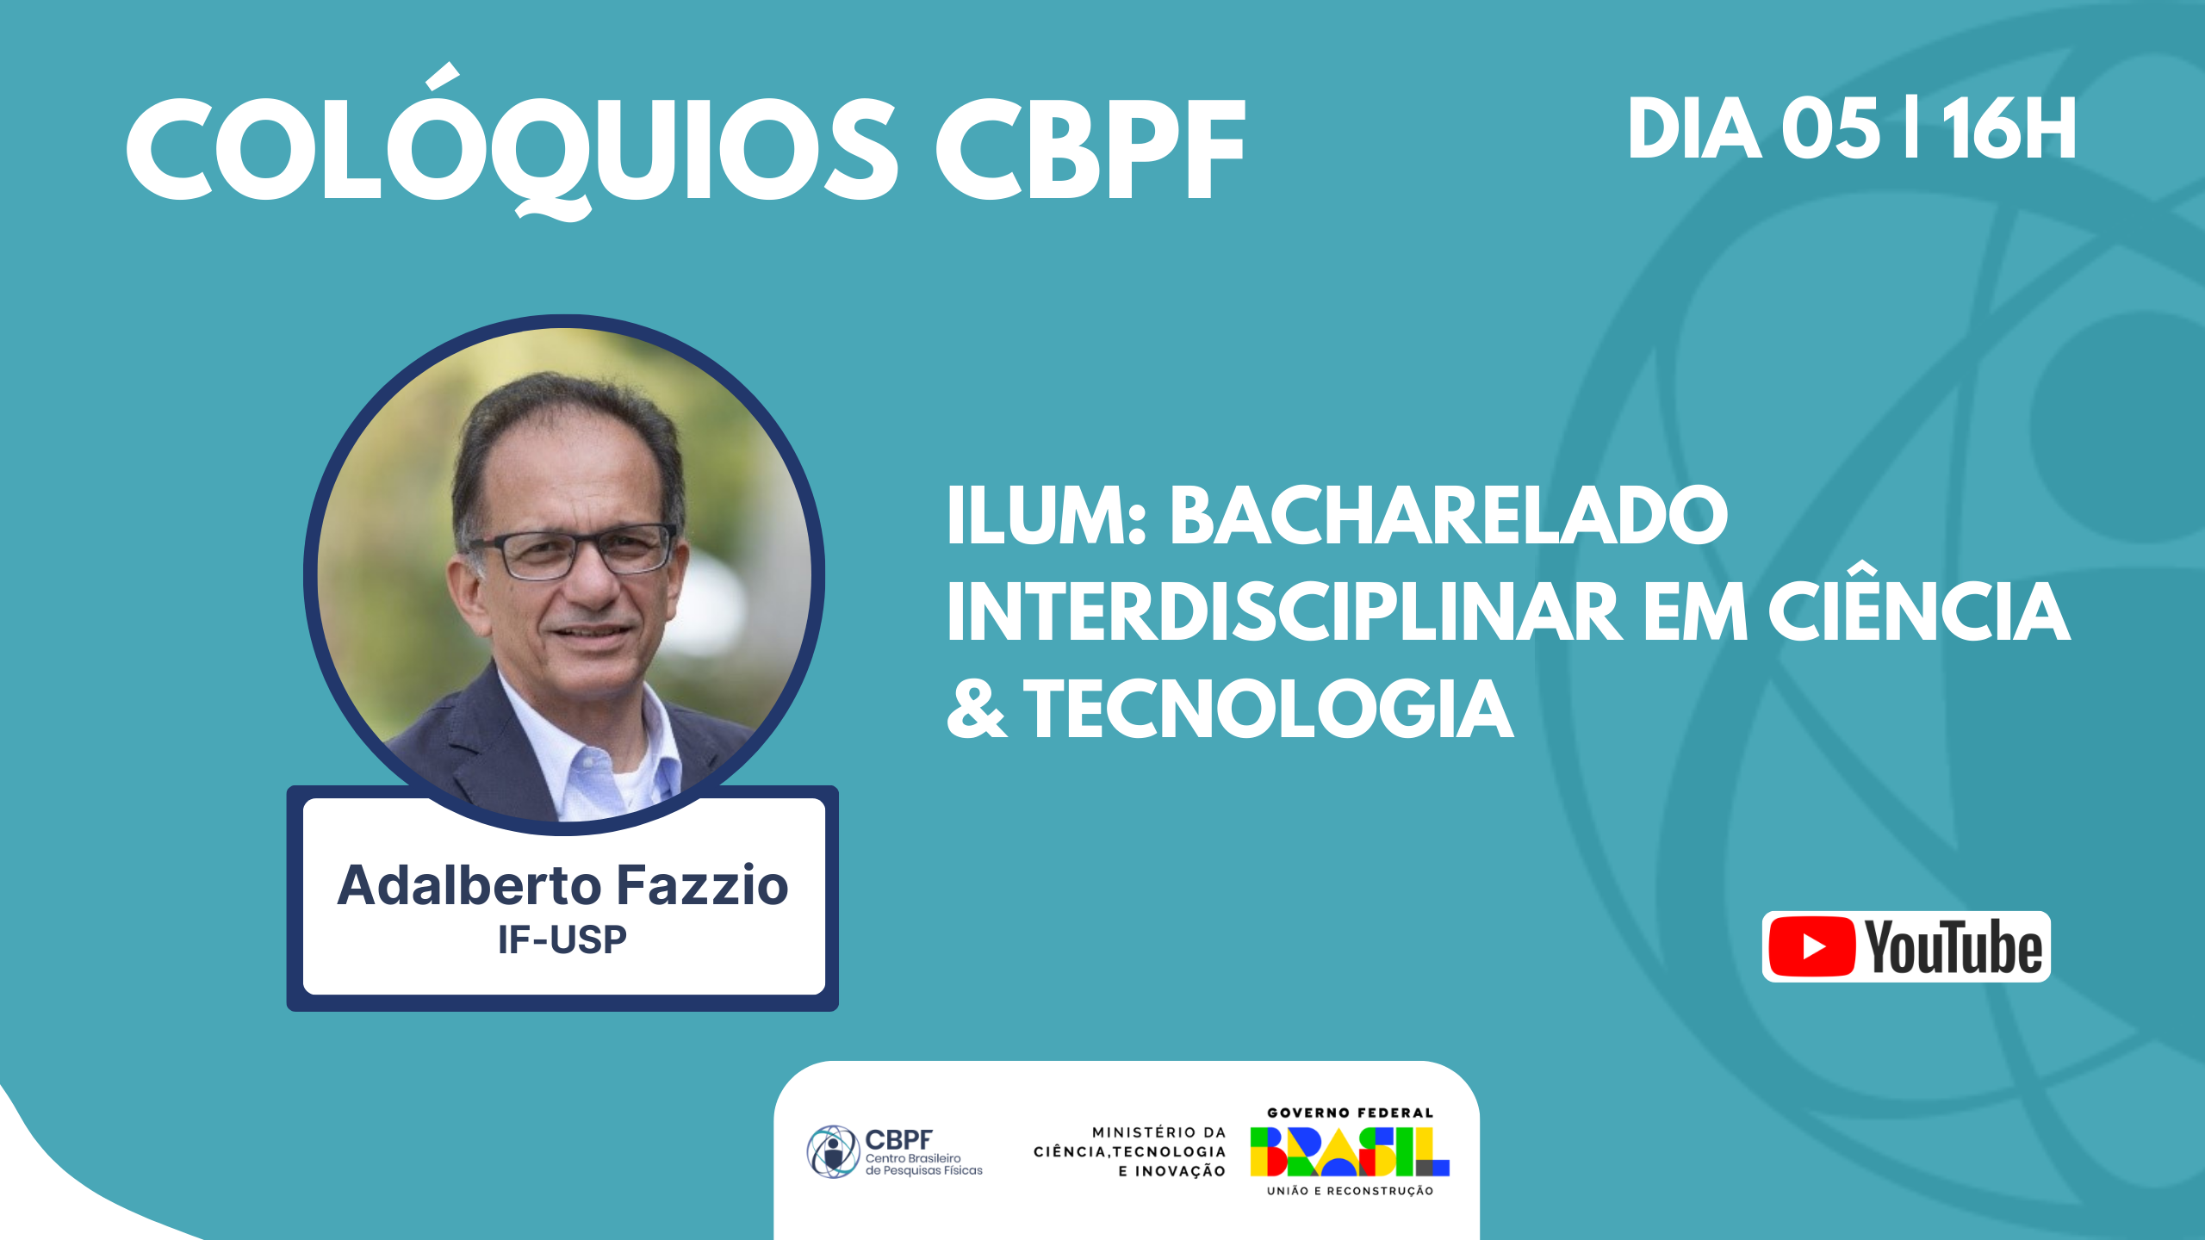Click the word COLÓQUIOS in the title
coord(513,141)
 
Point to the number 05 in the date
coord(1830,128)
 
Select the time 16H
coord(2009,128)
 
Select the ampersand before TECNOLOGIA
coord(977,708)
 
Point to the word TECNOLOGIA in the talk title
coord(1269,708)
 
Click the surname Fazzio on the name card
coord(703,885)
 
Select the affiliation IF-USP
coord(562,939)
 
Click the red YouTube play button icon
coord(1811,946)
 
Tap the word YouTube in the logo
coord(1953,946)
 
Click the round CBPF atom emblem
coord(833,1151)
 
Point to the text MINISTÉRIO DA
coord(1158,1132)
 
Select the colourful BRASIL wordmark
coord(1350,1151)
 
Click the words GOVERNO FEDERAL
coord(1350,1113)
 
